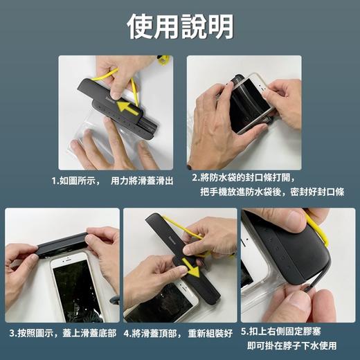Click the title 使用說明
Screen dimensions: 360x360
179,26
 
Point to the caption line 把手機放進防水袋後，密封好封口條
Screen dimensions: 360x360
271,191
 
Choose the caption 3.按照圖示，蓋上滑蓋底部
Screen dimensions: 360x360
62,334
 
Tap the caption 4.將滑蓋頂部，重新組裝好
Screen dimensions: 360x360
178,334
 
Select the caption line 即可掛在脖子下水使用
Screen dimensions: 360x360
291,346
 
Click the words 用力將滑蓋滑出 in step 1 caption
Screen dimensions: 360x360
142,180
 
